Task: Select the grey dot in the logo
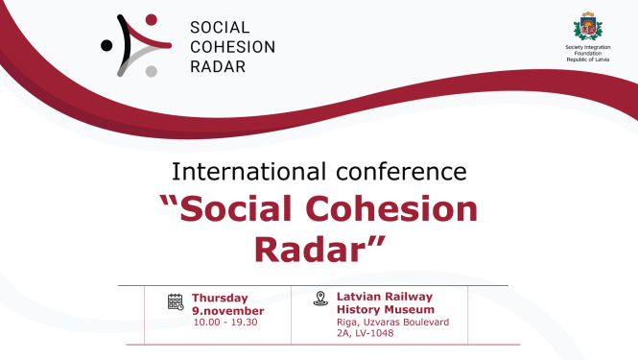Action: tap(150, 70)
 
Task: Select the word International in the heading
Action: tap(241, 172)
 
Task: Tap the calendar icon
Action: tap(176, 301)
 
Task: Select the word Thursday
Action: tap(220, 298)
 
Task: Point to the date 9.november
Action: tap(227, 310)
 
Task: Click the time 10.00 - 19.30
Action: tap(225, 322)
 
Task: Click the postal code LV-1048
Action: tap(375, 333)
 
